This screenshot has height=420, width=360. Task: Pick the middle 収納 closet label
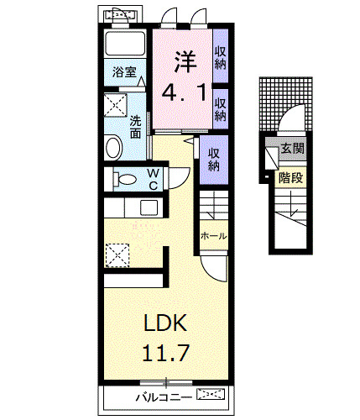(x=221, y=110)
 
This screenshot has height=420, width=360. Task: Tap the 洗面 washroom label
(x=135, y=126)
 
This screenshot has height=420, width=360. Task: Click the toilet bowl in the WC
(x=125, y=179)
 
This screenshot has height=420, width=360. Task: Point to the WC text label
(x=154, y=179)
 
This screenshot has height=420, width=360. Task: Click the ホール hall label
(x=213, y=237)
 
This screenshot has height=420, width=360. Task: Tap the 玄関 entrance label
(x=292, y=149)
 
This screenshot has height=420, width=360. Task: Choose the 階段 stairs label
(x=290, y=178)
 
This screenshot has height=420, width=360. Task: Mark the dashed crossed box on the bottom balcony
(x=211, y=393)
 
